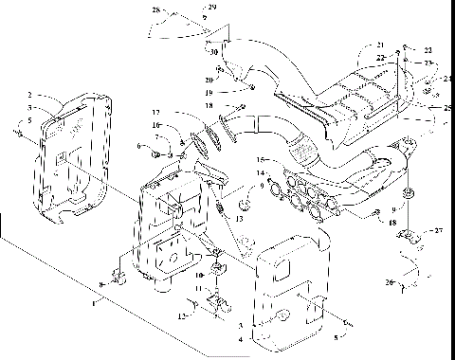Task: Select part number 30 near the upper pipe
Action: (x=214, y=51)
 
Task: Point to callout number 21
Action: (x=379, y=45)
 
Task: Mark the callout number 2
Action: (x=30, y=96)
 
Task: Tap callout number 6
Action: (x=137, y=146)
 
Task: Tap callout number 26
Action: (x=389, y=281)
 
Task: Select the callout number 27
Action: (x=438, y=229)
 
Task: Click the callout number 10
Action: (x=199, y=277)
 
